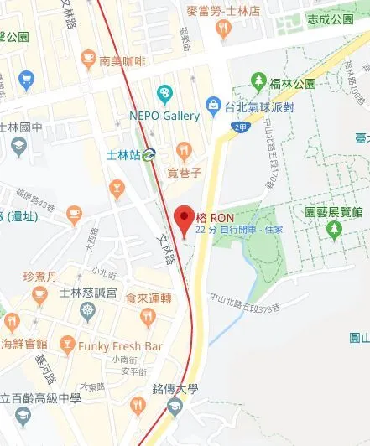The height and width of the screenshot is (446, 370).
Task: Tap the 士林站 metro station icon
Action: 149,153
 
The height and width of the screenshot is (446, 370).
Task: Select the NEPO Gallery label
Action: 164,116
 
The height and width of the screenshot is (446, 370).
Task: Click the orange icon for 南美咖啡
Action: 88,60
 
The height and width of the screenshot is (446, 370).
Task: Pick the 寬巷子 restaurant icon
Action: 185,151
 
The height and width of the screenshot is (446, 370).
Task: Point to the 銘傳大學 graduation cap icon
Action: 175,408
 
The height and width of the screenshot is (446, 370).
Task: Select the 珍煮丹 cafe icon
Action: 39,294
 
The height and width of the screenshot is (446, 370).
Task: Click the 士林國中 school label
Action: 25,127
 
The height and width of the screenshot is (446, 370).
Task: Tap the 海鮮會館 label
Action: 24,344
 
